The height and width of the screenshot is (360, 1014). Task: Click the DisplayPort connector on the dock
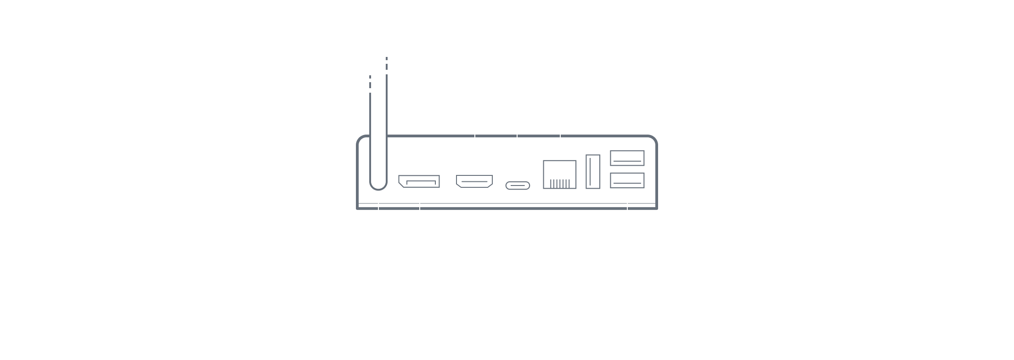[419, 181]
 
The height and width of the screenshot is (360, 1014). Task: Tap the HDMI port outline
[474, 182]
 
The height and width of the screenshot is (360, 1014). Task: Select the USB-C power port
[518, 186]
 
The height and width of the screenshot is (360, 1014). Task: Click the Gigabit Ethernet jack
[559, 174]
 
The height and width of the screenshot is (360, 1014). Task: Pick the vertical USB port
[593, 171]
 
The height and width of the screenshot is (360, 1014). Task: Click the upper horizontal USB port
[627, 158]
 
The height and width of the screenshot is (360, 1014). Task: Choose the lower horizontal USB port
[627, 180]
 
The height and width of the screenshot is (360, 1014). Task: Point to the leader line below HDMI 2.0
[474, 138]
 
